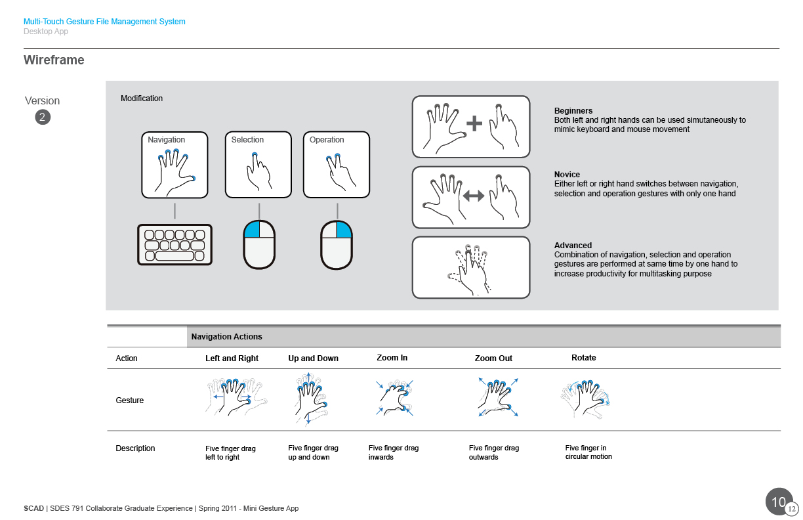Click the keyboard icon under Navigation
click(175, 245)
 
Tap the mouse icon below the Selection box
click(259, 245)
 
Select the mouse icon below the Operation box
click(337, 245)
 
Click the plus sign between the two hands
click(474, 123)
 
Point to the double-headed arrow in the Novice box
click(474, 196)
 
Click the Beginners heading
click(573, 111)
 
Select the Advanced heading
click(573, 246)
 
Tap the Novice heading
click(567, 175)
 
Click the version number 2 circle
click(43, 118)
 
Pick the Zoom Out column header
click(493, 358)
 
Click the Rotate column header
click(583, 358)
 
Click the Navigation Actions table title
click(226, 337)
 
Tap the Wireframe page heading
click(54, 60)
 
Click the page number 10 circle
click(779, 502)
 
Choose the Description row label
click(135, 448)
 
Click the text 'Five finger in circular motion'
click(588, 452)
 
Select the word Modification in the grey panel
click(142, 98)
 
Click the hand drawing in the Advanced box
click(470, 268)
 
